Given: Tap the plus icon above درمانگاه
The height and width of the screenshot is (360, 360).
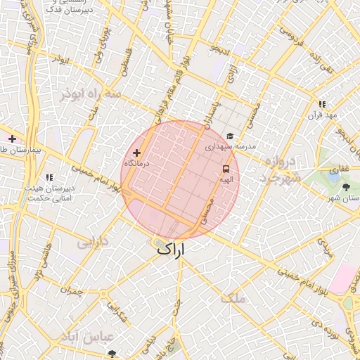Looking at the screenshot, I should click(136, 153).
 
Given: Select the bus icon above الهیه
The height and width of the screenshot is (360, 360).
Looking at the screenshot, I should click(226, 169).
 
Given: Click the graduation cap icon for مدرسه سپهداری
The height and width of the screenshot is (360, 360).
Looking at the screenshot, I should click(230, 136).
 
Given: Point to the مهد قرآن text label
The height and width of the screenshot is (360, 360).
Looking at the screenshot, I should click(326, 115).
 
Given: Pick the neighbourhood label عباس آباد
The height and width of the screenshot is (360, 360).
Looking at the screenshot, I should click(89, 336).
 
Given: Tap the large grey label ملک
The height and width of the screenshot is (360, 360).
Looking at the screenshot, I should click(233, 298).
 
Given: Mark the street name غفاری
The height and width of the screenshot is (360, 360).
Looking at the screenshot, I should click(340, 169).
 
